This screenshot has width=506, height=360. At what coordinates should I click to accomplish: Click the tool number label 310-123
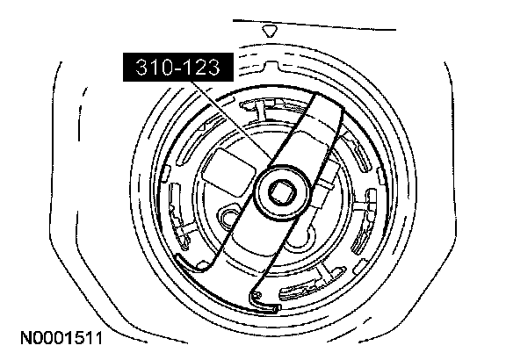(x=177, y=67)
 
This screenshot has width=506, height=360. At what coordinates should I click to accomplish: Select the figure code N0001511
(x=61, y=338)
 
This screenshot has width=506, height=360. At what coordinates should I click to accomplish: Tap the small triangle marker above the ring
(x=270, y=32)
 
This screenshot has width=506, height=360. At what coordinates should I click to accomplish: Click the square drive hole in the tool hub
(x=282, y=192)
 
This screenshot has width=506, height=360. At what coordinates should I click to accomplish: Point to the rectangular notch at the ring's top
(x=271, y=65)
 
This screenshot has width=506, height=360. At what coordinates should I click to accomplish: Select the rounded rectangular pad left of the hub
(x=228, y=172)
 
